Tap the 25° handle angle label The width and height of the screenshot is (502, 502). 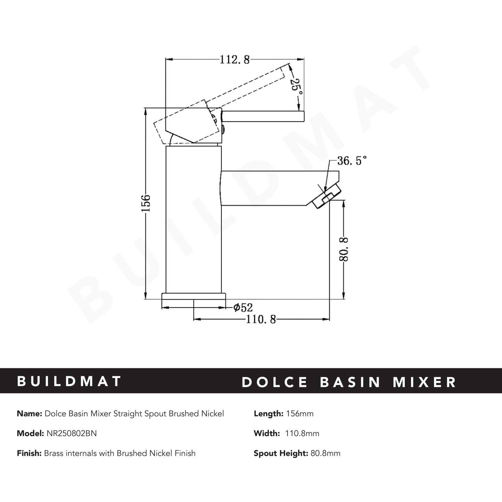pos(296,87)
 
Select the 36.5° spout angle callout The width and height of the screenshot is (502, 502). pos(352,161)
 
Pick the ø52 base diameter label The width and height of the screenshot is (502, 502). pos(243,307)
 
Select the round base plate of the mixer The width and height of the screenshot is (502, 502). pos(194,296)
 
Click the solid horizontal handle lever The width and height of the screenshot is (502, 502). pos(264,116)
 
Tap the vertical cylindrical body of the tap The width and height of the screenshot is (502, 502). pos(194,219)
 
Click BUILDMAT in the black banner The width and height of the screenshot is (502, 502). pos(69,381)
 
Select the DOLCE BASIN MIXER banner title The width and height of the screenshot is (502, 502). pos(349,382)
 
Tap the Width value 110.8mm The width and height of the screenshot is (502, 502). pos(302,434)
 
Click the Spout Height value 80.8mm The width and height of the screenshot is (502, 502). pos(324,453)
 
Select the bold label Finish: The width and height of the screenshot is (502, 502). pos(29,453)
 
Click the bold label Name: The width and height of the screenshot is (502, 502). pos(29,414)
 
